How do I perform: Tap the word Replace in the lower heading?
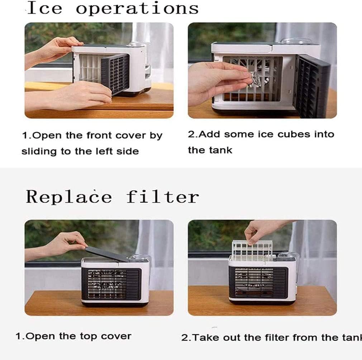68,196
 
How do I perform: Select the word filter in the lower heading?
162,196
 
